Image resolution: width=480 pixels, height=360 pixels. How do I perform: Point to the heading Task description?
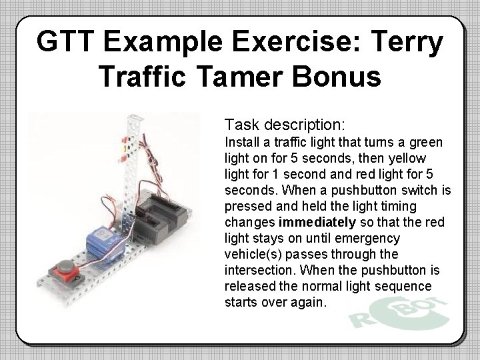[x=285, y=125]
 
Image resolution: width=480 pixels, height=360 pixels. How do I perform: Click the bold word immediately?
[x=316, y=222]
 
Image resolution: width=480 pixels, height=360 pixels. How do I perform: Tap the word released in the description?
[x=250, y=286]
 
